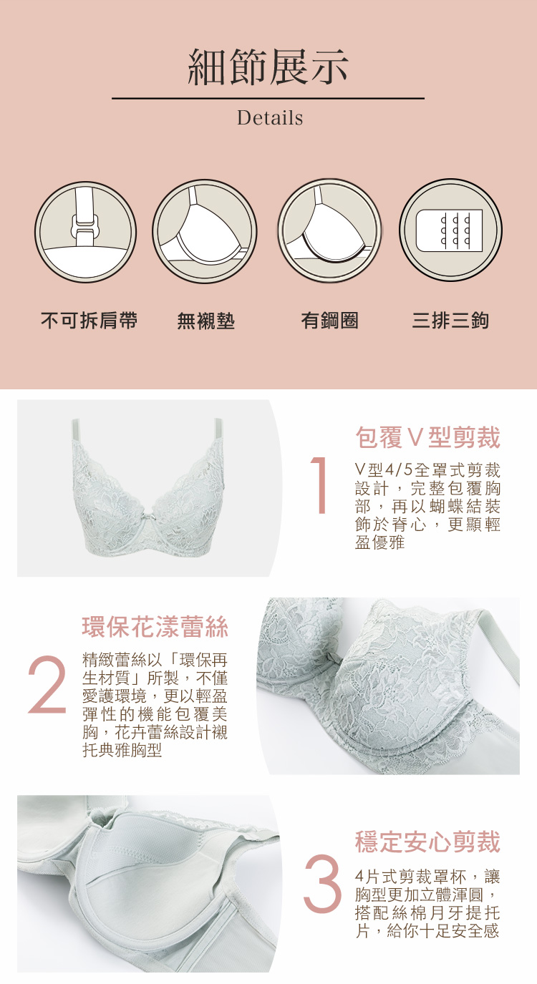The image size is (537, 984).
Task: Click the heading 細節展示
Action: click(x=268, y=67)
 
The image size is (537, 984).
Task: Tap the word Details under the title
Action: click(x=270, y=118)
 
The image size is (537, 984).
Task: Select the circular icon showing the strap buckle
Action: click(x=85, y=231)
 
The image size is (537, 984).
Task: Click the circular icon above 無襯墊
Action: click(x=205, y=231)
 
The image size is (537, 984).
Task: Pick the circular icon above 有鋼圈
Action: click(x=329, y=231)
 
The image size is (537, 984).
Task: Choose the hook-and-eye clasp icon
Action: click(x=451, y=230)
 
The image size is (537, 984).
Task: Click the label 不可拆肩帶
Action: click(x=89, y=320)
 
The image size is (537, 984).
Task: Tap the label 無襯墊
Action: click(x=205, y=320)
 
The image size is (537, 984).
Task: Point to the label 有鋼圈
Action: click(x=329, y=320)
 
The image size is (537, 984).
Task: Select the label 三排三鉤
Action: click(x=450, y=320)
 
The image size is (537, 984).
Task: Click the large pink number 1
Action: click(x=319, y=485)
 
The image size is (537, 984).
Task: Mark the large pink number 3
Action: click(x=322, y=883)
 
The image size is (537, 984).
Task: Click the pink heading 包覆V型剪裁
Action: click(x=427, y=437)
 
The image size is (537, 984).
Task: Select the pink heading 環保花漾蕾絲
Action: click(x=155, y=626)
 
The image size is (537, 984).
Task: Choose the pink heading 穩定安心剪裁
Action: click(x=427, y=842)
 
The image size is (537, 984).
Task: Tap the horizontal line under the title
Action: click(x=268, y=99)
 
